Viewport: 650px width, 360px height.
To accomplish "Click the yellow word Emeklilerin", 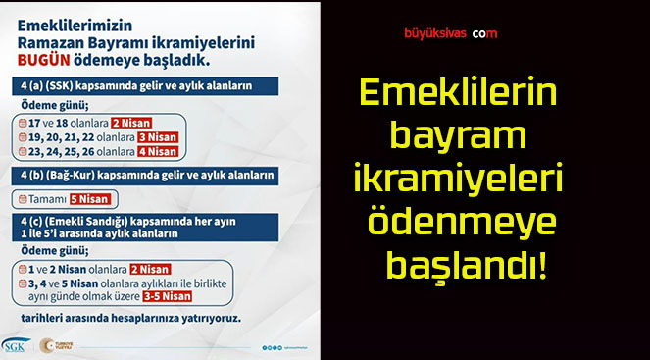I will click(x=458, y=93).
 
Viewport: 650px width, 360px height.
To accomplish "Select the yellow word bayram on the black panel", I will click(x=458, y=136).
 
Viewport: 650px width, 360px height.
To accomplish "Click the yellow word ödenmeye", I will click(x=461, y=224).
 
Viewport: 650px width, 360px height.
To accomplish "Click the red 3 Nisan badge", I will click(x=155, y=137).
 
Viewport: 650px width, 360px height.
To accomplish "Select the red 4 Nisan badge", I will click(x=156, y=151).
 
